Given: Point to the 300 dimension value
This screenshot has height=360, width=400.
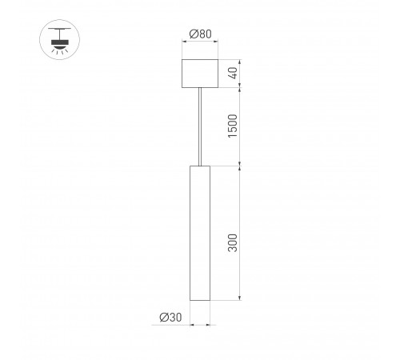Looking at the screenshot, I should tap(233, 244).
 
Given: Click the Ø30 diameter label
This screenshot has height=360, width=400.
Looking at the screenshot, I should tap(170, 318).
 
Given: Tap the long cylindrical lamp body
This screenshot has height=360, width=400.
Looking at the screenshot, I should tap(198, 232).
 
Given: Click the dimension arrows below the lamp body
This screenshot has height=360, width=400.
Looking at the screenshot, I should tap(198, 326).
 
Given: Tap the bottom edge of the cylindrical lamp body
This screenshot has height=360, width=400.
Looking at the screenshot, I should tap(198, 301).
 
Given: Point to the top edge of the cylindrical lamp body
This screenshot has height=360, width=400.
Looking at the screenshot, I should tap(198, 166).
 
